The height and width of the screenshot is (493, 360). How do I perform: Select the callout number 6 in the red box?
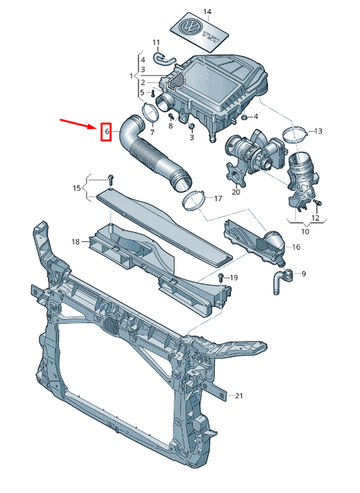[x=105, y=131]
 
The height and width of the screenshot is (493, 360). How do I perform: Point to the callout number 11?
[x=156, y=43]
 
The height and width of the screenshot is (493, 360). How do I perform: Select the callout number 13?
[x=318, y=130]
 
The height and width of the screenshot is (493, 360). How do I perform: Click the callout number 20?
[x=236, y=192]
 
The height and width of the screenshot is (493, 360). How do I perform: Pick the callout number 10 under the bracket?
[x=305, y=231]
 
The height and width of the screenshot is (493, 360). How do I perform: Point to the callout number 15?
[x=76, y=187]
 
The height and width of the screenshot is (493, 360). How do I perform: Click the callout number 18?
[x=76, y=241]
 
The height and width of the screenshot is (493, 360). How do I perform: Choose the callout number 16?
[x=295, y=247]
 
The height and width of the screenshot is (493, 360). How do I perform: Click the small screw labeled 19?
[x=221, y=277]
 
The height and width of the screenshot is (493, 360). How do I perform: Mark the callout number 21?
[x=238, y=396]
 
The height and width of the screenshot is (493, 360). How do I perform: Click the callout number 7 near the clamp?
[x=152, y=132]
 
